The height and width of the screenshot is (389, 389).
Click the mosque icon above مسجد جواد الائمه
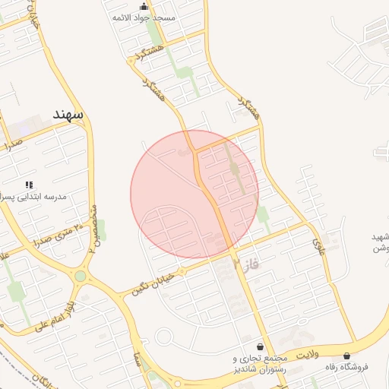pos(144,7)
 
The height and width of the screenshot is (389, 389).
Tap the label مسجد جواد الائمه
pos(144,17)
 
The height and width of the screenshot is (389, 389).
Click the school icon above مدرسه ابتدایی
pos(29,185)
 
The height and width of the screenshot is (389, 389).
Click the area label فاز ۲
pos(247,264)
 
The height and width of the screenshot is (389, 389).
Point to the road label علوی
pos(318,244)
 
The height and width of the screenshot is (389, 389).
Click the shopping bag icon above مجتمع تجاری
pos(261,346)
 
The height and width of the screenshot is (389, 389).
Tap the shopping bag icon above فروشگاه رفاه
pos(347,356)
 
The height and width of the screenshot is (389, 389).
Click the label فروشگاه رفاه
pos(347,366)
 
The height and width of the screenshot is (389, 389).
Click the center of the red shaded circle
pos(194,194)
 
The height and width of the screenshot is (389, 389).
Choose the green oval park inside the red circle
pos(235,169)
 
